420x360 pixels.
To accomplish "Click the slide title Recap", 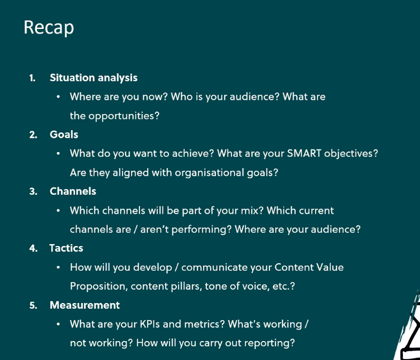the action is [49, 28].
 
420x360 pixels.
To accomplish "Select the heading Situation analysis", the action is [93, 77].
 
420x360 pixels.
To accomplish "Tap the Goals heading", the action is [64, 134].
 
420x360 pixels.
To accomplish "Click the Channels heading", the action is [73, 191].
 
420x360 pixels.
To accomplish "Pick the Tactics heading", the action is [66, 248].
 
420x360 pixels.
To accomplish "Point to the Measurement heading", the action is [84, 305].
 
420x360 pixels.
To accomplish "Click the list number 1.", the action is [32, 78].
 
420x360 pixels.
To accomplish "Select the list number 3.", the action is [33, 191].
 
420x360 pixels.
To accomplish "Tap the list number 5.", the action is [33, 305].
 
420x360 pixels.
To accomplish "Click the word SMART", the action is [304, 153].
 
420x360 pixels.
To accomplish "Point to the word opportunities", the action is [124, 116].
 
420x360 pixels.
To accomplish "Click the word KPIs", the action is [149, 324].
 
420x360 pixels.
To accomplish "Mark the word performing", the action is [201, 229].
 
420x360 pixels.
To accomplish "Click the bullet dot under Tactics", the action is [58, 267].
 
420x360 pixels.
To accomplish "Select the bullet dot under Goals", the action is [58, 153].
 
